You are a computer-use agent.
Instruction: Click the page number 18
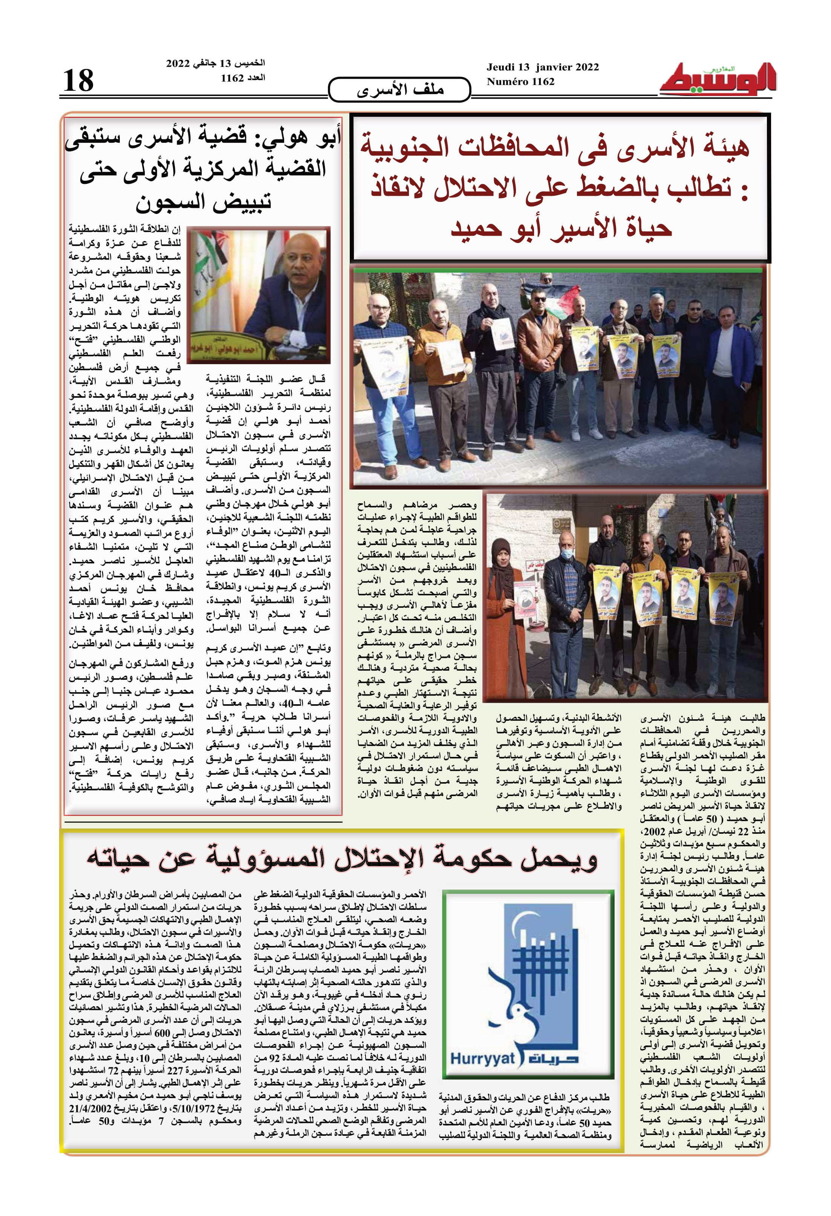tap(78, 81)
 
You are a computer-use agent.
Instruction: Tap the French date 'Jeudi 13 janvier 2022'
tap(542, 67)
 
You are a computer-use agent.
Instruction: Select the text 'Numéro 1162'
tap(520, 82)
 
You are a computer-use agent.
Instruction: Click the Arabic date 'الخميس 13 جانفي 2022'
tap(215, 63)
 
